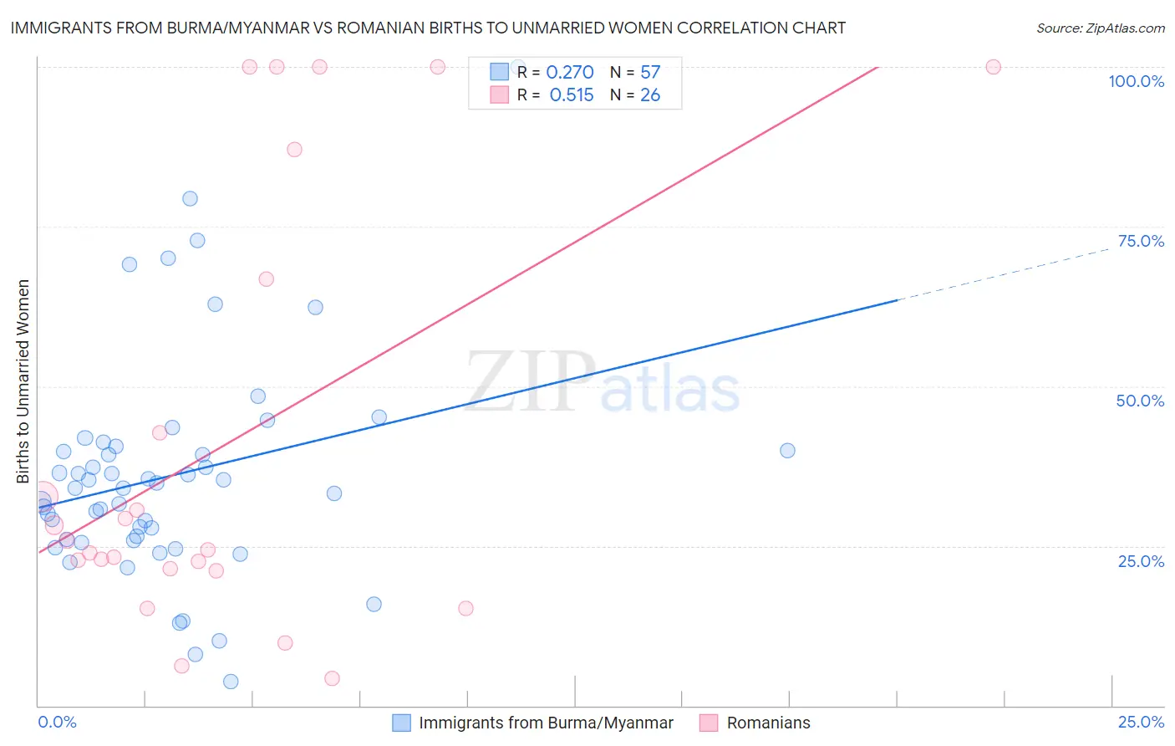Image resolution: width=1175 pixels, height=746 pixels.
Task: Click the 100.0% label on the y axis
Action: [1136, 81]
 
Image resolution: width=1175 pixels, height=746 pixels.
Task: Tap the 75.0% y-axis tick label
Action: [1141, 241]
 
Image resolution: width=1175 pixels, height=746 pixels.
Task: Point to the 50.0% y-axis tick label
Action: [1140, 401]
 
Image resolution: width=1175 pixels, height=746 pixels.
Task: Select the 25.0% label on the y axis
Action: [1141, 561]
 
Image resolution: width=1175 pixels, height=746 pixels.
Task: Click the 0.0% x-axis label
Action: [57, 722]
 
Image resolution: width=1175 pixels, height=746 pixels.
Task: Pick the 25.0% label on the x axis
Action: [1141, 722]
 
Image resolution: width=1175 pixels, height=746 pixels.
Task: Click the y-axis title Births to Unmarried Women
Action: [23, 381]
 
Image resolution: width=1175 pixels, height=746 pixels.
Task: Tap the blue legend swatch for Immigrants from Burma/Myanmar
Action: [401, 723]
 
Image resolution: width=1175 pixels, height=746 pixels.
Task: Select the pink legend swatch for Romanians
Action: [709, 723]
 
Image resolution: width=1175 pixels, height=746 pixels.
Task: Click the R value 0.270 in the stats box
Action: [570, 73]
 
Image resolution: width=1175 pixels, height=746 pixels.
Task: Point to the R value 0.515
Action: [572, 95]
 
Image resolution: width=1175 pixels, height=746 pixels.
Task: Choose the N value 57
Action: [650, 73]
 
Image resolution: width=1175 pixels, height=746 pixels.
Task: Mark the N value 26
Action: [650, 95]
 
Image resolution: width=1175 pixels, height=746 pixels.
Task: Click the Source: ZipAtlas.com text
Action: [1100, 28]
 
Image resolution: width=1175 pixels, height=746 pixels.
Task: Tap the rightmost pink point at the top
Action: [993, 67]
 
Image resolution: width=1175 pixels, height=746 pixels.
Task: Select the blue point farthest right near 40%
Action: [787, 451]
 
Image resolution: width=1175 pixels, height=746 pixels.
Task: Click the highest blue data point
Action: [190, 199]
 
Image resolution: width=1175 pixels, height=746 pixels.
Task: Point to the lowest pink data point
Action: [332, 678]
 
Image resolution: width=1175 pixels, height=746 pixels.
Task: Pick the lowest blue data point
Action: [231, 682]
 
